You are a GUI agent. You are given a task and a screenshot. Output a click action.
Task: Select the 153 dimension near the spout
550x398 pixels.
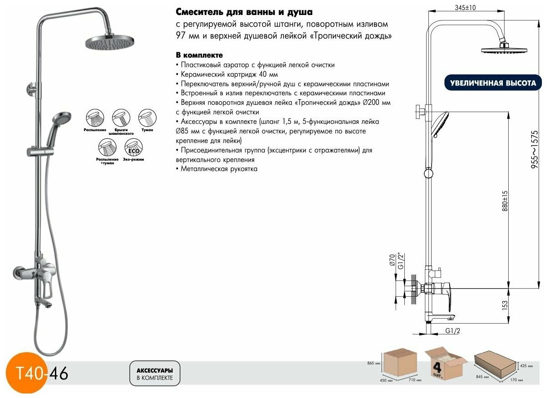pos(505,306)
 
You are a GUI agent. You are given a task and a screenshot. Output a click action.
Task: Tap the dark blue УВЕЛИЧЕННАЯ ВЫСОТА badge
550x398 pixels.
pos(493,84)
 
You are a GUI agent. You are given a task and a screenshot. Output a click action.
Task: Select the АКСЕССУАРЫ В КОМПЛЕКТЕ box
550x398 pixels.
pos(154,374)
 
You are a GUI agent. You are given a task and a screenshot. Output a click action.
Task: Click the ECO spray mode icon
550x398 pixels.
pos(133,147)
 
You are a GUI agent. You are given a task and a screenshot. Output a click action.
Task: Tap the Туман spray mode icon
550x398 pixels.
pos(147,118)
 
